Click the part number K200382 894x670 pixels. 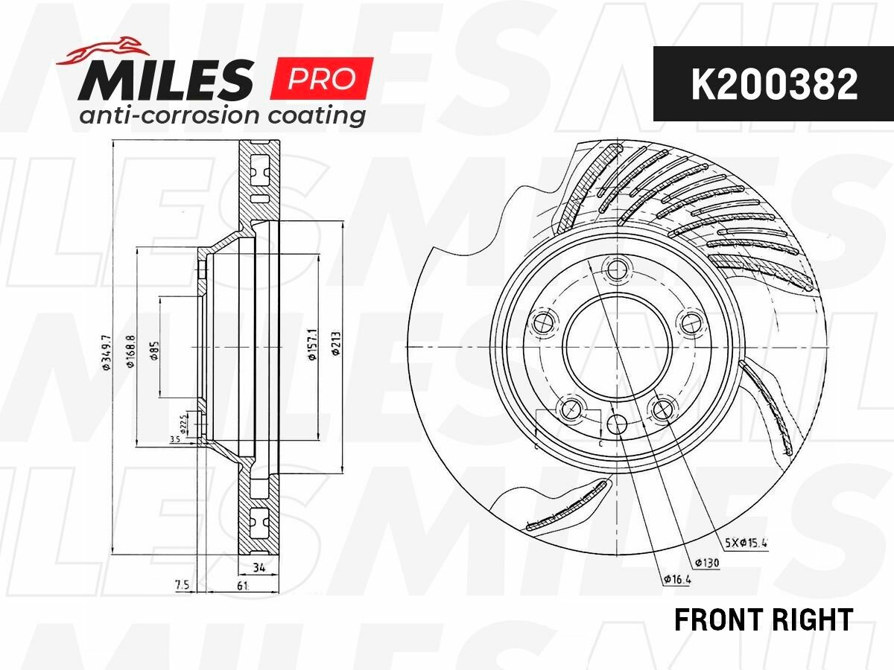[x=774, y=84]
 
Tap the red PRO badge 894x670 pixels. [x=321, y=78]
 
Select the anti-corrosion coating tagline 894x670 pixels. [x=222, y=116]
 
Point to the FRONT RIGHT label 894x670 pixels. [x=764, y=619]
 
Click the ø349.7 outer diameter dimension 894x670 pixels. [x=107, y=347]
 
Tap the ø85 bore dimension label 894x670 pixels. [x=154, y=350]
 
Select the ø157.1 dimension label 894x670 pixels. [x=313, y=345]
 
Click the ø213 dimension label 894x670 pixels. [x=336, y=344]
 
